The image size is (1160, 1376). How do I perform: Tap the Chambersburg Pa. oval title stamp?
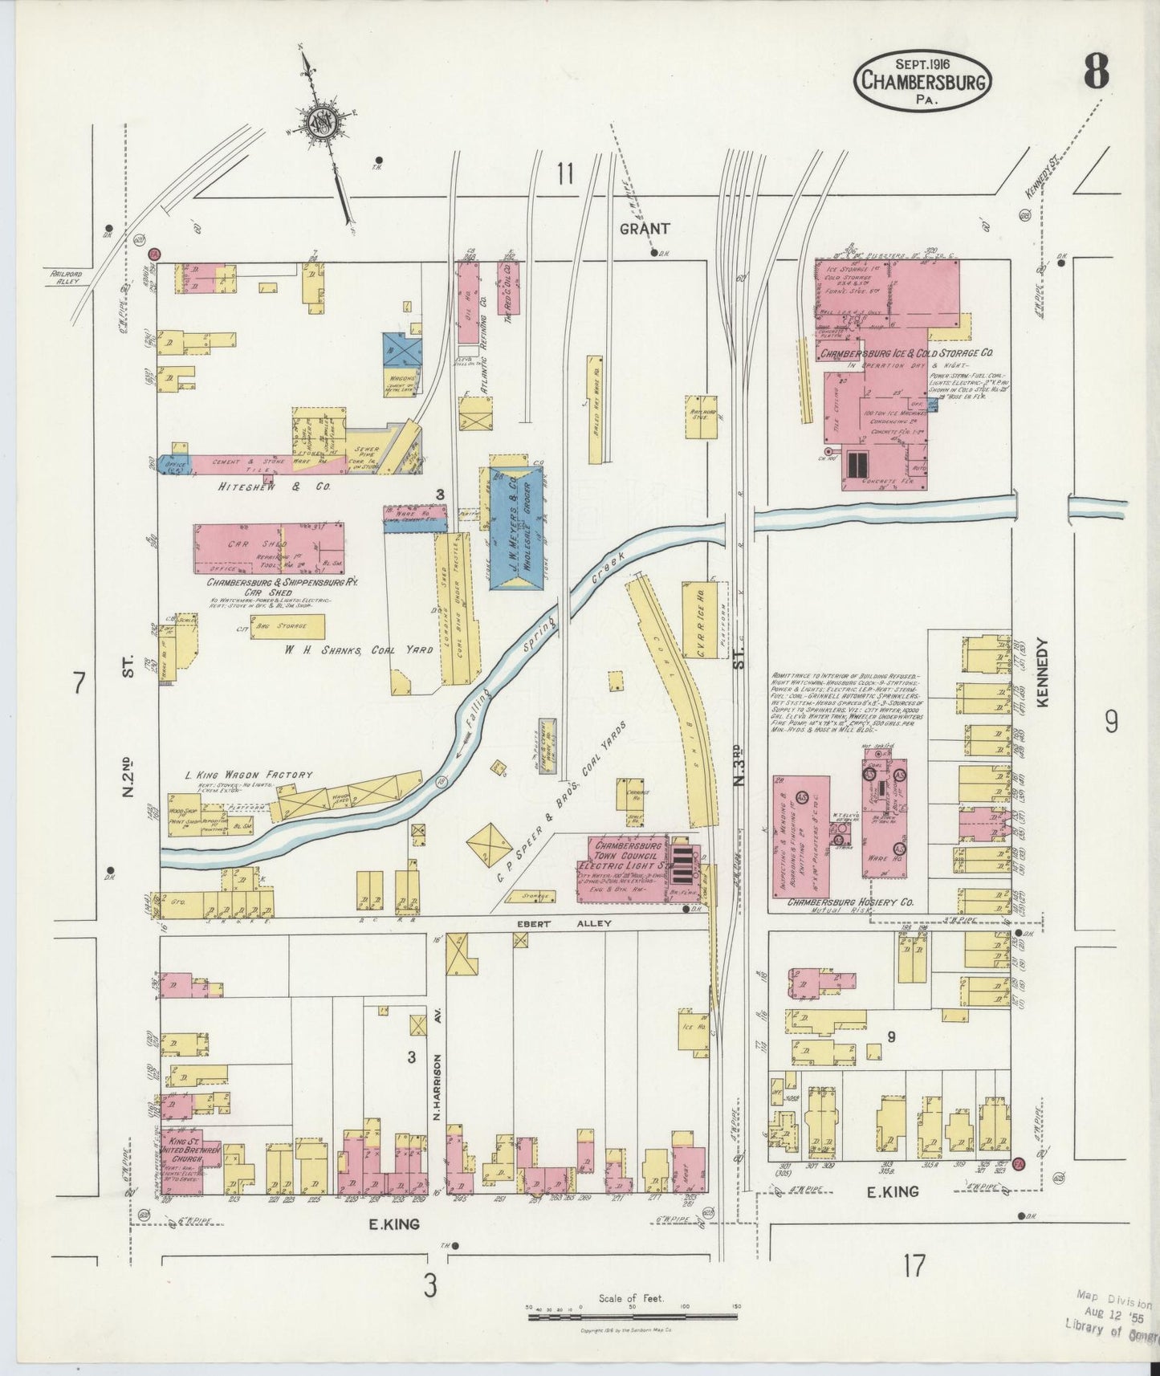(x=923, y=81)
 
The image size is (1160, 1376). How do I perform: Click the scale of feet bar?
(x=631, y=1316)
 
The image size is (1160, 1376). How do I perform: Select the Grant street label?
(x=644, y=229)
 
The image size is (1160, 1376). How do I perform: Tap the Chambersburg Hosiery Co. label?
(x=850, y=902)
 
